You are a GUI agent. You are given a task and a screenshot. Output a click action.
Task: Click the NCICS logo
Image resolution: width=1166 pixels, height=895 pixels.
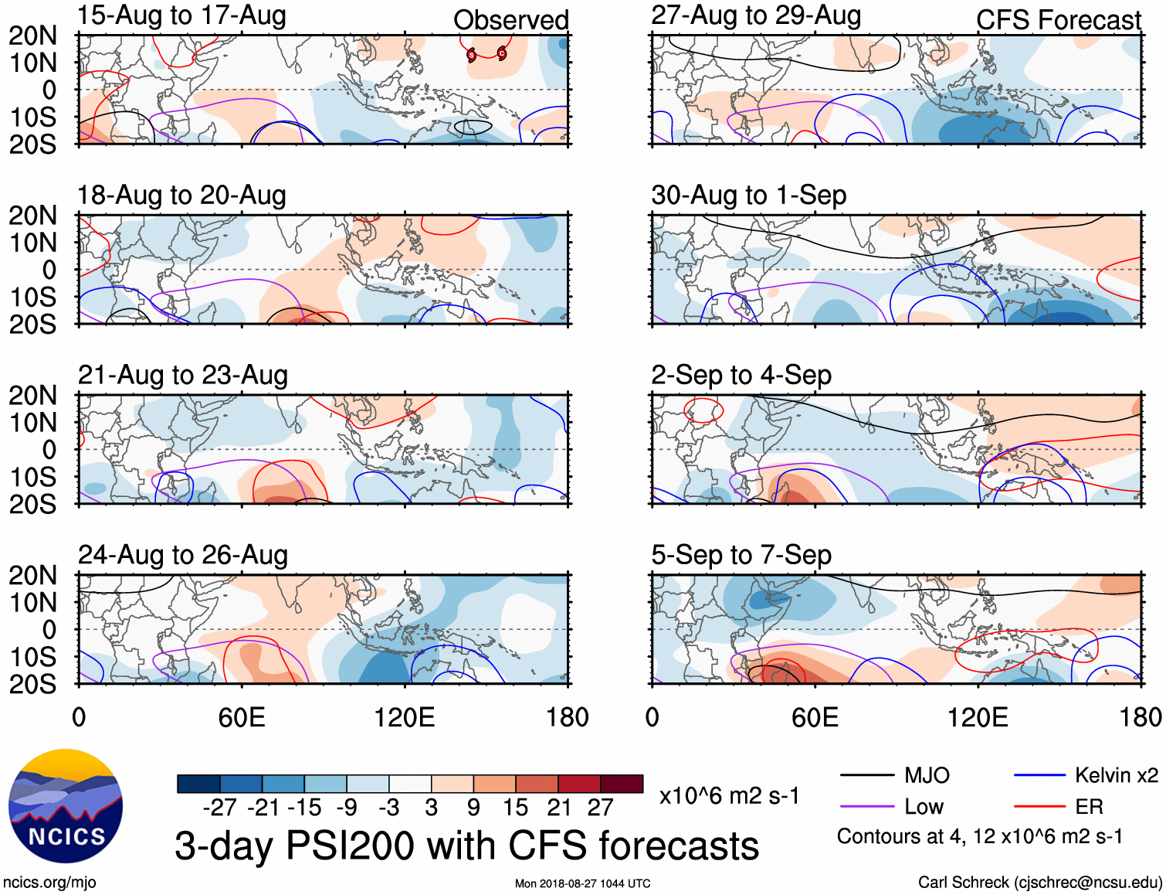(66, 806)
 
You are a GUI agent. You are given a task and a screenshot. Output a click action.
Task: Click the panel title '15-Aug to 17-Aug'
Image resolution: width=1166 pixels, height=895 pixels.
(182, 15)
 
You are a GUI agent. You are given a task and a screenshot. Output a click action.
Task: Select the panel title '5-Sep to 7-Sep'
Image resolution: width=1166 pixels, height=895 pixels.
(741, 555)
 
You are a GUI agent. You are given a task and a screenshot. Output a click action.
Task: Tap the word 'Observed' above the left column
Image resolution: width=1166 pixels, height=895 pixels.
(510, 20)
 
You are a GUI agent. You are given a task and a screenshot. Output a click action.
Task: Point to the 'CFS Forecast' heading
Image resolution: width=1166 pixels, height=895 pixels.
(1058, 20)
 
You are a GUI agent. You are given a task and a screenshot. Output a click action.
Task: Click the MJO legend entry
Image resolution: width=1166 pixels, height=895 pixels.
(896, 775)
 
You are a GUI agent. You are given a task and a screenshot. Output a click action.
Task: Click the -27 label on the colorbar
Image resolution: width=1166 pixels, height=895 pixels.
(219, 808)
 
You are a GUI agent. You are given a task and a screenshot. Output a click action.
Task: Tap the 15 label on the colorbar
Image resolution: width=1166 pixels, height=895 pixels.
(515, 808)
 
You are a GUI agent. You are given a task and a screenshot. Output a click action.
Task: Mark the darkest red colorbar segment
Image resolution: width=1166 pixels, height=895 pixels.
(622, 784)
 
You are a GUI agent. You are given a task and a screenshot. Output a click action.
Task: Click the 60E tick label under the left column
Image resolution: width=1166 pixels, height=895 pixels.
(242, 717)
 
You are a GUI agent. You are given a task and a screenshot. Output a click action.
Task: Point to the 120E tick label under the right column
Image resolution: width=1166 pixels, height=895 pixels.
(978, 717)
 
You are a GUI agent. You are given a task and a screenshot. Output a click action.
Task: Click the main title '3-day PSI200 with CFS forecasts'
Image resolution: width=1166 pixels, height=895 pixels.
(466, 846)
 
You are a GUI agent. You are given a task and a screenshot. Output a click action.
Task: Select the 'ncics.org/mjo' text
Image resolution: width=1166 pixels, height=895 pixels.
(49, 883)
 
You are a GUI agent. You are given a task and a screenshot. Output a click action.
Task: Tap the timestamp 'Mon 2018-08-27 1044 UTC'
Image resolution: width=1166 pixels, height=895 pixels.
(582, 883)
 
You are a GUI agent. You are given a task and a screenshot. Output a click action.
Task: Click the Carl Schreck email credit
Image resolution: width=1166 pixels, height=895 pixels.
(1039, 883)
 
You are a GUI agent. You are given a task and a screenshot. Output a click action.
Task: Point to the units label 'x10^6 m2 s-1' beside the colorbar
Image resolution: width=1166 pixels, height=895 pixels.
(729, 795)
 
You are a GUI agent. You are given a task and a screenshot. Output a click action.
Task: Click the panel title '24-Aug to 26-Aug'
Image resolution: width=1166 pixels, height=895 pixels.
(183, 555)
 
